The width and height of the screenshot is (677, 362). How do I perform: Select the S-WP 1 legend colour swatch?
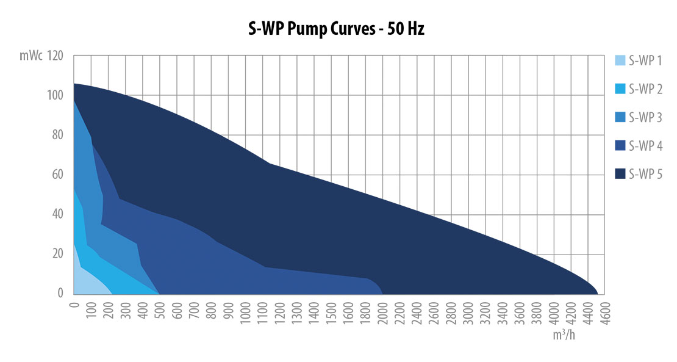pyautogui.click(x=620, y=60)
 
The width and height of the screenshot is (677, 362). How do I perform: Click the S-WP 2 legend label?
pyautogui.click(x=645, y=89)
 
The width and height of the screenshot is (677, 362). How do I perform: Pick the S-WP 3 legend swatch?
pyautogui.click(x=620, y=117)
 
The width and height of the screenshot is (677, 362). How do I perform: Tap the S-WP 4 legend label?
pyautogui.click(x=645, y=147)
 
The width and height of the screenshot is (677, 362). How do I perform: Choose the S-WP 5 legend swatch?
pyautogui.click(x=620, y=175)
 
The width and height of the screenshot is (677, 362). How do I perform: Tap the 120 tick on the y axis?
pyautogui.click(x=56, y=56)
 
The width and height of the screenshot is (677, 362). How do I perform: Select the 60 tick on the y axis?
pyautogui.click(x=59, y=175)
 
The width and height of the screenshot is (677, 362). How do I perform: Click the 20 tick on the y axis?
pyautogui.click(x=59, y=254)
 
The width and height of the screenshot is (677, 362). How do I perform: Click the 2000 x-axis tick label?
pyautogui.click(x=382, y=312)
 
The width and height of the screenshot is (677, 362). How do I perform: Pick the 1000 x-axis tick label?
pyautogui.click(x=245, y=312)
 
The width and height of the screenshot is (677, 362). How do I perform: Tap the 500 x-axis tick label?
pyautogui.click(x=160, y=310)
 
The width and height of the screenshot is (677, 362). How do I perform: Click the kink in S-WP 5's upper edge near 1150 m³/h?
pyautogui.click(x=269, y=163)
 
